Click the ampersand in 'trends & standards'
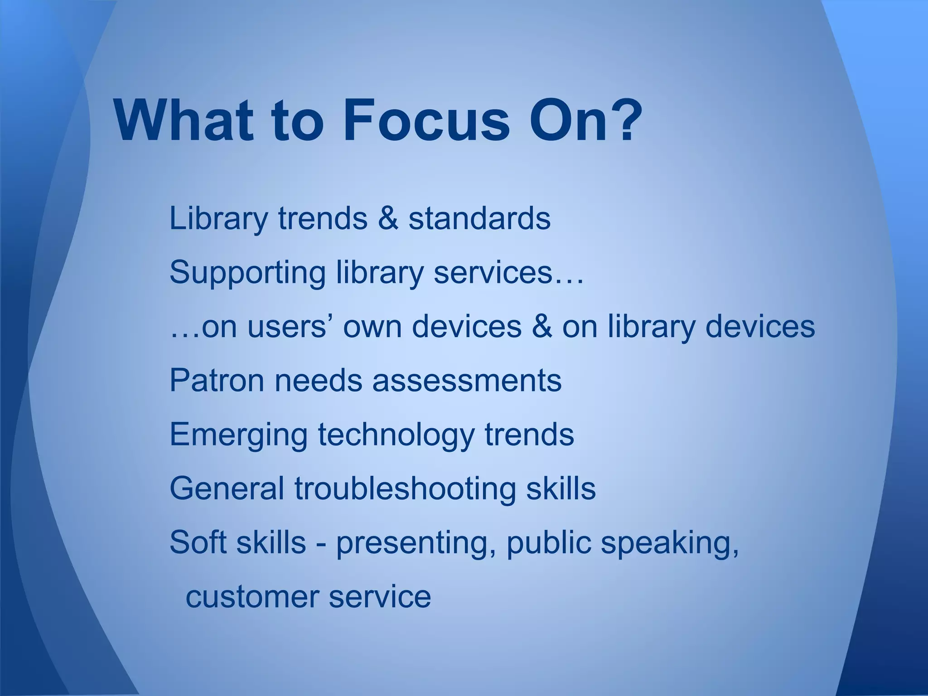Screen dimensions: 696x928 pyautogui.click(x=388, y=218)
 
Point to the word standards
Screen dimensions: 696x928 pyautogui.click(x=479, y=218)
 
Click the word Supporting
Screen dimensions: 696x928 pyautogui.click(x=247, y=273)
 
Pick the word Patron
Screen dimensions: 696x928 pyautogui.click(x=217, y=381)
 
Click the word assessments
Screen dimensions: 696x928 pyautogui.click(x=467, y=381)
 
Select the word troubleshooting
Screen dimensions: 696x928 pyautogui.click(x=405, y=488)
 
